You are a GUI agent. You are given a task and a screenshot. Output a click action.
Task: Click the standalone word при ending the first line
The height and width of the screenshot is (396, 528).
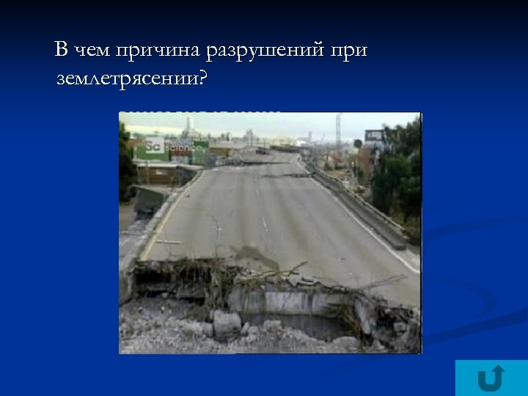[349, 52]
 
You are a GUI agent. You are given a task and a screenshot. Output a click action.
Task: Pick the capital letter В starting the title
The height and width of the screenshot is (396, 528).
[62, 51]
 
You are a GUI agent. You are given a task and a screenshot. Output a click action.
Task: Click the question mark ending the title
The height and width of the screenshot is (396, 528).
[203, 77]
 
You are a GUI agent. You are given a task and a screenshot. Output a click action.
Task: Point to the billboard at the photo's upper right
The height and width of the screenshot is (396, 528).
[374, 136]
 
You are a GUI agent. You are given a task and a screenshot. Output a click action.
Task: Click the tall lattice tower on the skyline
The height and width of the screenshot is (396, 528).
[338, 128]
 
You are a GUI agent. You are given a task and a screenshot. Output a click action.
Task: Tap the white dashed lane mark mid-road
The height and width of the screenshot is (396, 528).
[263, 223]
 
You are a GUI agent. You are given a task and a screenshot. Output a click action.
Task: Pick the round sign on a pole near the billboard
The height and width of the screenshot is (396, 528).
[358, 144]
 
